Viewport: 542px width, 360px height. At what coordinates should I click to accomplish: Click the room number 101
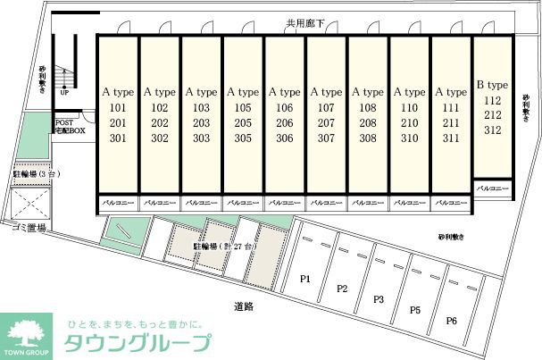coord(118,108)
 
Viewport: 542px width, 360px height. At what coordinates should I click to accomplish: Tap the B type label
coord(491,85)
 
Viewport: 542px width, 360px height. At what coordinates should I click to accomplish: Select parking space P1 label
coord(304,279)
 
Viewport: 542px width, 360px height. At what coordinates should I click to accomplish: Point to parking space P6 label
coord(452,321)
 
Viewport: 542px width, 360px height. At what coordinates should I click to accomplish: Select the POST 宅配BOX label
coord(70,127)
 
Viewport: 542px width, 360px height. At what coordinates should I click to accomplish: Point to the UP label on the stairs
coord(64,92)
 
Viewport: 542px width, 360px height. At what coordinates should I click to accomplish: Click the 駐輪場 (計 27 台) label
coord(225,245)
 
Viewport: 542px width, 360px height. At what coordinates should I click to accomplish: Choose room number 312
coord(491,130)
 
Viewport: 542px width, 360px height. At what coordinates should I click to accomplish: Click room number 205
coord(243,123)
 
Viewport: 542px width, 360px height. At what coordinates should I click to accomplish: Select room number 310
coord(410,138)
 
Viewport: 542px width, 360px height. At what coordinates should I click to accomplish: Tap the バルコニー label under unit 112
coord(491,189)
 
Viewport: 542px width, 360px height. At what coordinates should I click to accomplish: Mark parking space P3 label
coord(379,298)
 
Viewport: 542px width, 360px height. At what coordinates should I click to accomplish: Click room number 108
coord(368,108)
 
